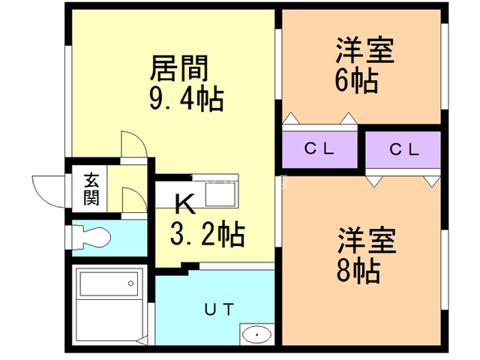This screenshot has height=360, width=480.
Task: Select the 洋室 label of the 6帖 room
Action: [x=364, y=52]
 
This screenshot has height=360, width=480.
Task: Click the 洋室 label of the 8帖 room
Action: [x=364, y=241]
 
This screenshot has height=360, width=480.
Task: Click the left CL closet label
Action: [x=319, y=148]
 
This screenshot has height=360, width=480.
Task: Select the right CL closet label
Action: [x=403, y=148]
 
